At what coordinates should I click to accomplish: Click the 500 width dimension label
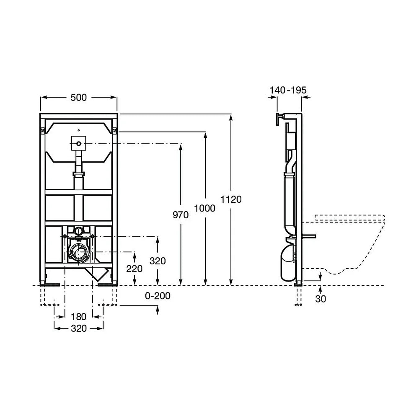pos(79,98)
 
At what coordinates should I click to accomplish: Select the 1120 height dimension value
pos(231,199)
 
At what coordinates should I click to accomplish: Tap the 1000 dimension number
pos(205,208)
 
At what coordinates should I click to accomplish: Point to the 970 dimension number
pos(181,215)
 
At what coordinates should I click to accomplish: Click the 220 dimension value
pos(134,269)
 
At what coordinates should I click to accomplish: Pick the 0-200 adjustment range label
pos(158,296)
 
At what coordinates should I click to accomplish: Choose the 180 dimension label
pos(79,317)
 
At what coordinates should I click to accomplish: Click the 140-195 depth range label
pos(288,90)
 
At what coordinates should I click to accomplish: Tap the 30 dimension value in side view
pos(321,299)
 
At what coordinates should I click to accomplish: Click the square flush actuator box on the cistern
pos(79,144)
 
